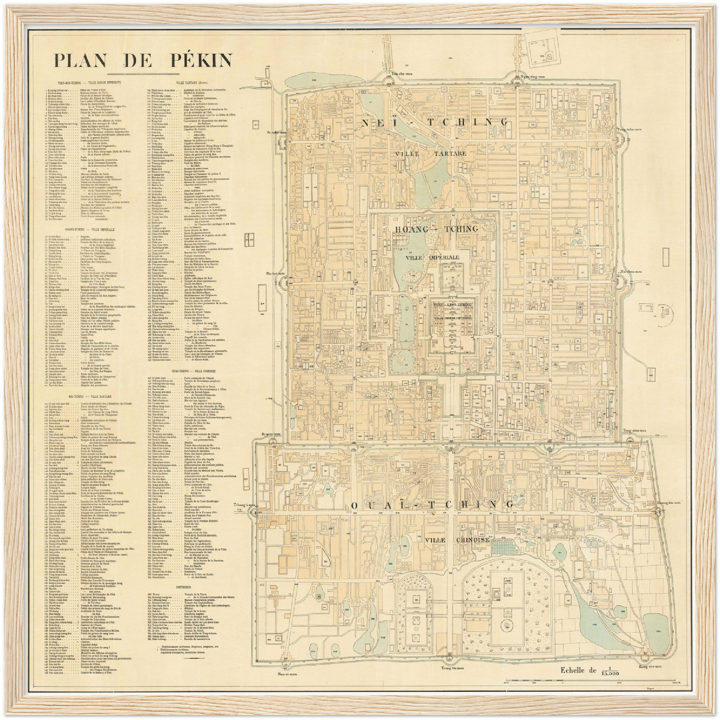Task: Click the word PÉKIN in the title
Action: tap(199, 60)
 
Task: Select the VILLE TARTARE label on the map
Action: tap(431, 153)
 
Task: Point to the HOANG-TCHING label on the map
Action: tap(436, 229)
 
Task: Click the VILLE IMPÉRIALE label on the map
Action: tap(432, 258)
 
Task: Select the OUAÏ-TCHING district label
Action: tap(432, 505)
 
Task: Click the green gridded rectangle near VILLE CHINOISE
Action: tap(504, 547)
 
